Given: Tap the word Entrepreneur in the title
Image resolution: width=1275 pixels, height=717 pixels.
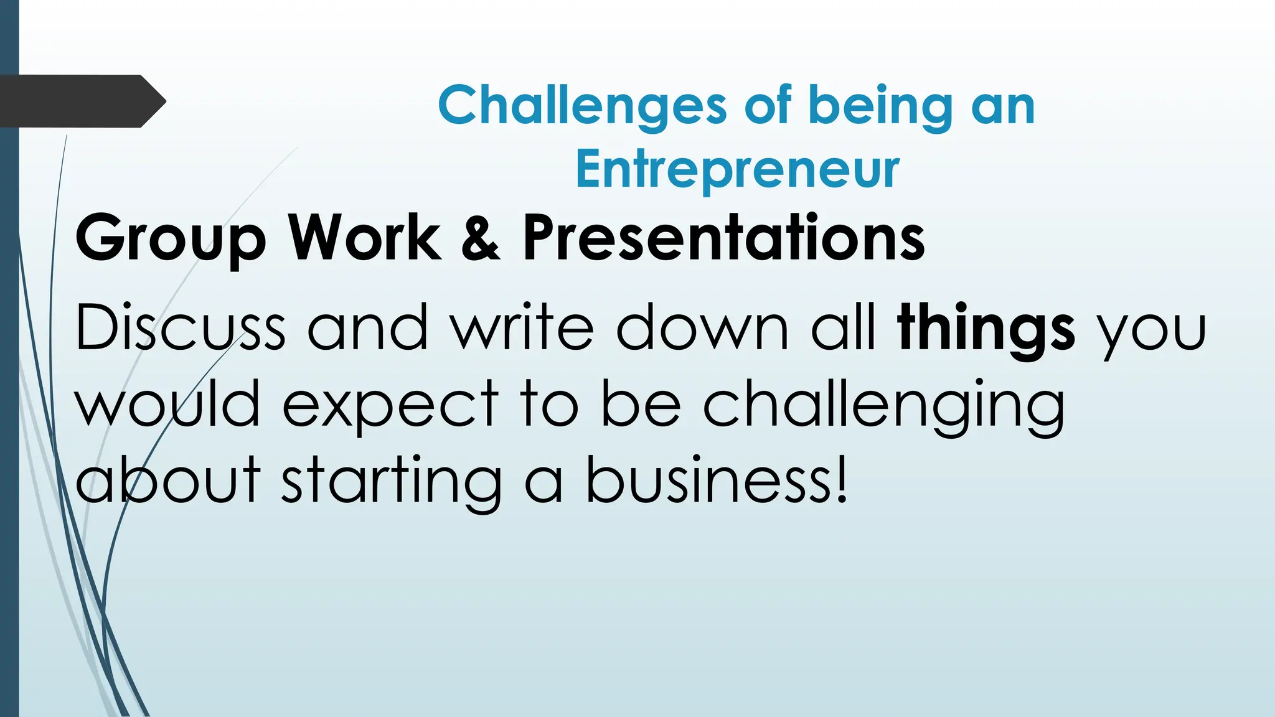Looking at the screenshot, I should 737,169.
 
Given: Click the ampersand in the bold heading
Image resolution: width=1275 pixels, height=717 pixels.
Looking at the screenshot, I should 481,238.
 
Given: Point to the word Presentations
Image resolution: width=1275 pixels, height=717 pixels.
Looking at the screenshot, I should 723,238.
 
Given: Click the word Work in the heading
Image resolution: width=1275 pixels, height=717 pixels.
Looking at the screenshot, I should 364,238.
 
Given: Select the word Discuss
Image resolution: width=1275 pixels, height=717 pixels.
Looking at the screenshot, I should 180,328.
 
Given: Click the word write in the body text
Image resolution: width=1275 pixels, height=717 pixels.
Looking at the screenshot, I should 522,328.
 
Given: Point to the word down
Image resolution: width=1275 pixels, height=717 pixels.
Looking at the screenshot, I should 702,328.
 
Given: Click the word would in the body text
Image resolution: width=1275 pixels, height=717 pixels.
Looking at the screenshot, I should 167,405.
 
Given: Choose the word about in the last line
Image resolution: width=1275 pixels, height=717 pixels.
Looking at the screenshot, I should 167,480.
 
